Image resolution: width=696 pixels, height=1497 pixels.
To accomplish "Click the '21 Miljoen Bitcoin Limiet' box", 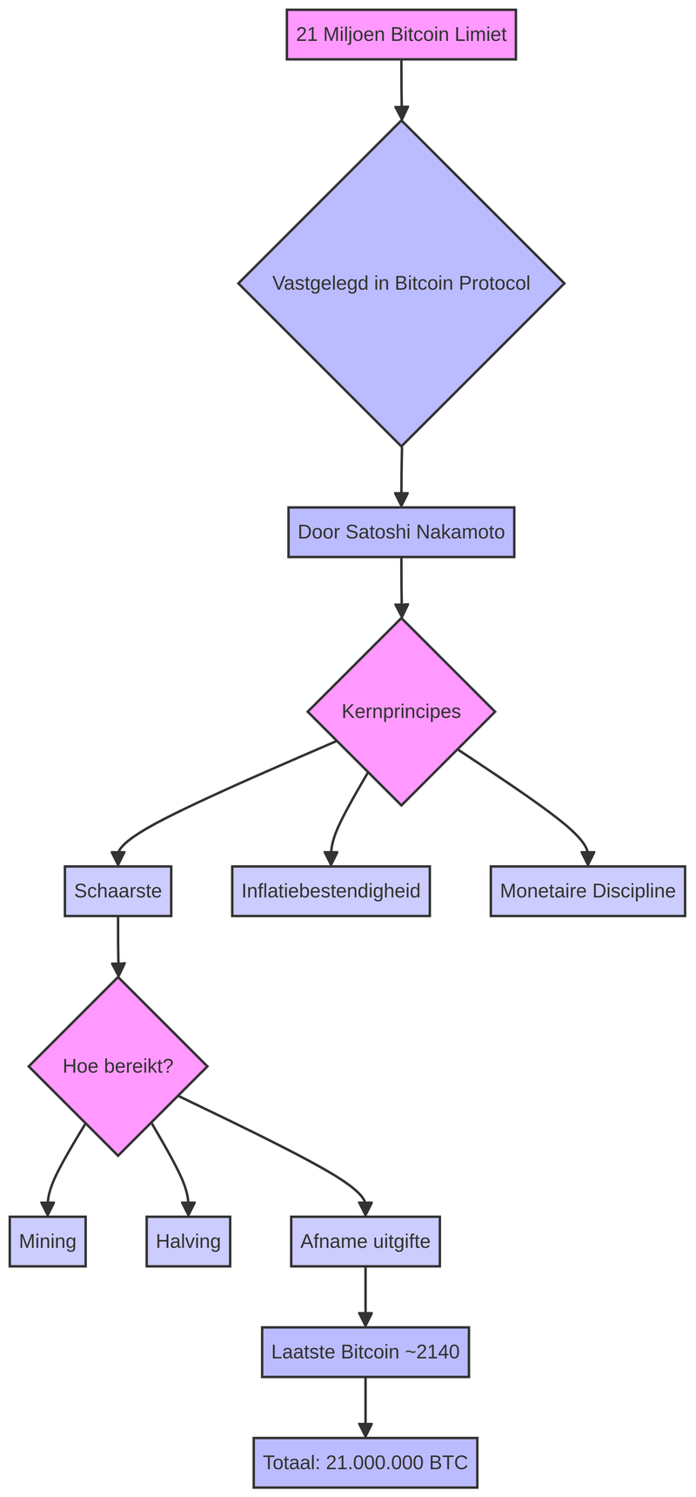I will [401, 35].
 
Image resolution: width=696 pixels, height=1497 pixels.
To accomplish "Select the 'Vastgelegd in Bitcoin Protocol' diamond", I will [401, 283].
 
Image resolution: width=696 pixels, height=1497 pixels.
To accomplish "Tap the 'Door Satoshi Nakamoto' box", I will [401, 532].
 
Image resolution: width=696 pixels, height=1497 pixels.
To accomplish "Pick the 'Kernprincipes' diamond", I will [401, 711].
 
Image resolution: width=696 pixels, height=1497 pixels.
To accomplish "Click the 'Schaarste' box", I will [117, 890].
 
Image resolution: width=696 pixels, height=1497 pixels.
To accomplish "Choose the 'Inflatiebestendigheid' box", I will [331, 890].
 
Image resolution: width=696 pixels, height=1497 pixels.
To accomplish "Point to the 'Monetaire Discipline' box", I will [587, 890].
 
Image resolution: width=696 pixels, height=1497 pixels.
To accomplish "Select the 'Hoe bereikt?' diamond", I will [117, 1066].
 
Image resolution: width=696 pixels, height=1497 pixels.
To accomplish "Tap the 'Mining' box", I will [48, 1241].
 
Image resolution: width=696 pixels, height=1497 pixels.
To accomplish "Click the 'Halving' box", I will [188, 1241].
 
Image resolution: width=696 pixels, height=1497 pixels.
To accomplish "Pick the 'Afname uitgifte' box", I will [365, 1241].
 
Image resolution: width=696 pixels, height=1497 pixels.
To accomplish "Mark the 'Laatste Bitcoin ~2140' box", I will [365, 1352].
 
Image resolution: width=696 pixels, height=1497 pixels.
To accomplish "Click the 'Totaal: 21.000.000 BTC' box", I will [365, 1462].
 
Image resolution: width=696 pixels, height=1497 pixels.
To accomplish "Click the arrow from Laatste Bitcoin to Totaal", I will [365, 1406].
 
